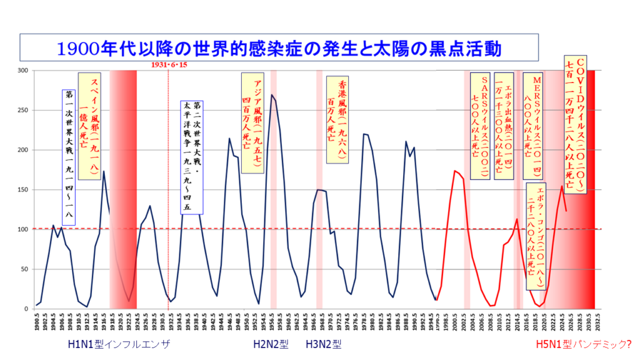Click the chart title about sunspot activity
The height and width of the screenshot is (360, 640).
[279, 47]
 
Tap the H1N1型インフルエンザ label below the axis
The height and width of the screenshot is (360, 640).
[119, 344]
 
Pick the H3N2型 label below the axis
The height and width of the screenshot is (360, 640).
[324, 344]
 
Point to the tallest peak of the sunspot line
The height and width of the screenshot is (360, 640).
[272, 95]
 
